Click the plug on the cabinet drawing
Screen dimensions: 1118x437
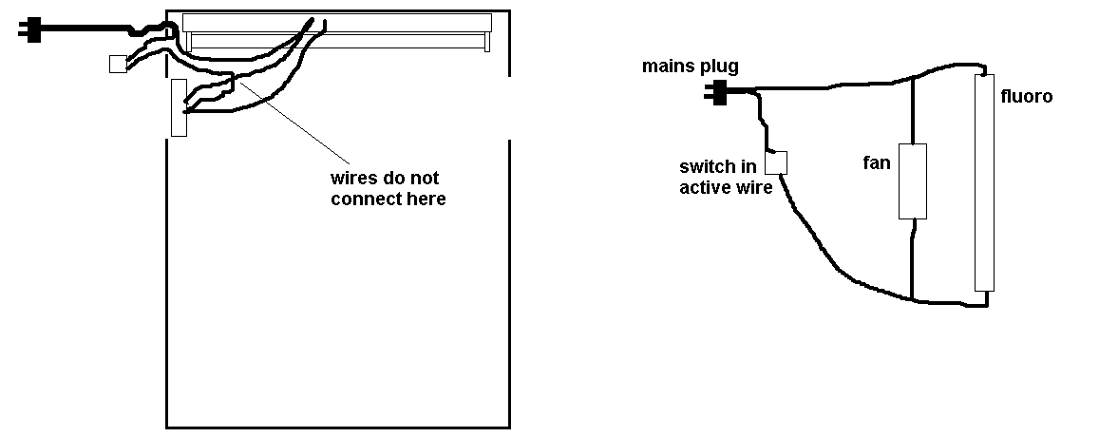pos(30,30)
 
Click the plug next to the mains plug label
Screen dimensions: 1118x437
pos(715,92)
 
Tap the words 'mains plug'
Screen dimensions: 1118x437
pos(691,66)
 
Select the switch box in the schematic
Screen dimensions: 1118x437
pos(776,162)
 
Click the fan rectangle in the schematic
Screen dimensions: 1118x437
pos(913,181)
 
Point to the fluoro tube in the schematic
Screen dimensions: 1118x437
pos(984,182)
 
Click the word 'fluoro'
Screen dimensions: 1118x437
pos(1027,96)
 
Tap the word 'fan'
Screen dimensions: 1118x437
pos(877,162)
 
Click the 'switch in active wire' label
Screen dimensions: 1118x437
pos(725,177)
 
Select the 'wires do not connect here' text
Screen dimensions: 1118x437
pos(388,188)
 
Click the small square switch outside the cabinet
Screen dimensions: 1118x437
pos(118,65)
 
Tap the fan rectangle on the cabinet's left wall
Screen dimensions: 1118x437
pos(179,107)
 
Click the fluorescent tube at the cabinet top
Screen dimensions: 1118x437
pos(337,30)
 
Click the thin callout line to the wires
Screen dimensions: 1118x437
pos(294,123)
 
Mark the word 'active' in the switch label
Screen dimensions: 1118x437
pos(702,187)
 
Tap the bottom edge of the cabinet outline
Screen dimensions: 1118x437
pos(338,427)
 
